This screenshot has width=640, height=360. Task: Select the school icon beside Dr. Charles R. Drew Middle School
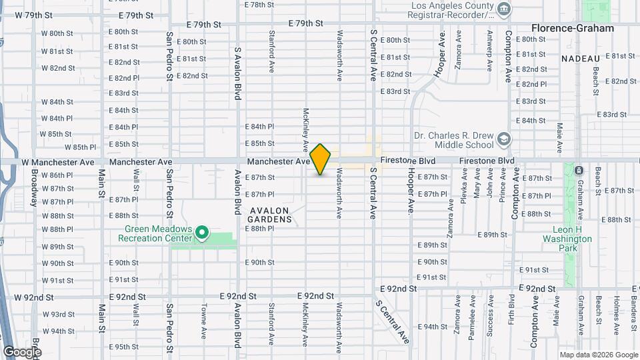505,139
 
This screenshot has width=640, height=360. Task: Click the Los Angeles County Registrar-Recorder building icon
505,9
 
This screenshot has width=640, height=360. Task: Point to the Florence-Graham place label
572,28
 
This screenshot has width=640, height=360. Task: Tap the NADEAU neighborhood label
581,59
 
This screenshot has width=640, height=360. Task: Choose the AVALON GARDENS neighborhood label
270,215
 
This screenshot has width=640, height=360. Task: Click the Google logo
22,351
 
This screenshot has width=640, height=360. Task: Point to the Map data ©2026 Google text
598,355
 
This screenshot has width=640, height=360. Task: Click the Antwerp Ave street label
490,51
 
